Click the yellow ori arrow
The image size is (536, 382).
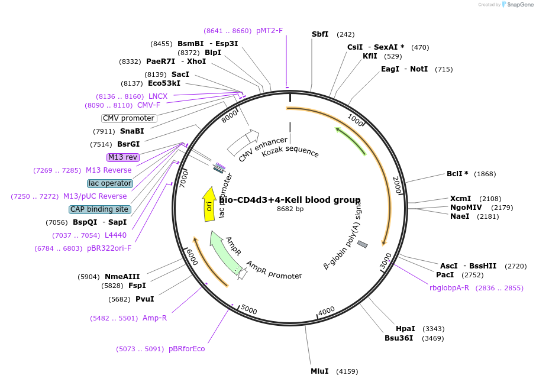pyautogui.click(x=209, y=205)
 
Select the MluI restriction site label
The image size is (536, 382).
pyautogui.click(x=319, y=371)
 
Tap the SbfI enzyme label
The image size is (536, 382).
pyautogui.click(x=320, y=34)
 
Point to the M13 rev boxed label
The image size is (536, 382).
pyautogui.click(x=123, y=157)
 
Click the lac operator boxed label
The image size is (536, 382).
pyautogui.click(x=110, y=183)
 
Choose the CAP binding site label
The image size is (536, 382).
pyautogui.click(x=99, y=209)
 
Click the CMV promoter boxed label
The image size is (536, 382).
pyautogui.click(x=129, y=118)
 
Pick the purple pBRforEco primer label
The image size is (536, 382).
pyautogui.click(x=186, y=349)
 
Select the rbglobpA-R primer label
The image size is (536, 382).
pyautogui.click(x=449, y=288)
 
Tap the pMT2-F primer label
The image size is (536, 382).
pyautogui.click(x=269, y=31)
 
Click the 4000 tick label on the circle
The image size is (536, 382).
pyautogui.click(x=327, y=310)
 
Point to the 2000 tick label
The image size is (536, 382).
pyautogui.click(x=397, y=185)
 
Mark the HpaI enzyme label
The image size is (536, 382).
pyautogui.click(x=405, y=329)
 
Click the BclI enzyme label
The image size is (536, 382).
pyautogui.click(x=457, y=174)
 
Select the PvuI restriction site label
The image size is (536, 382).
pyautogui.click(x=144, y=299)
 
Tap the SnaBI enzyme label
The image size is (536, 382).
pyautogui.click(x=132, y=131)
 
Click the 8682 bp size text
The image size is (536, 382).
pyautogui.click(x=290, y=209)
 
